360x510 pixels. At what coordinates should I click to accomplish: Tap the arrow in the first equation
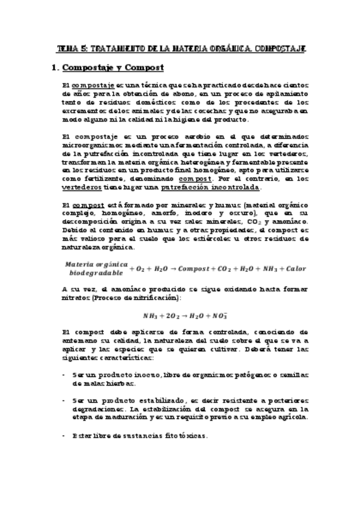coord(183,268)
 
